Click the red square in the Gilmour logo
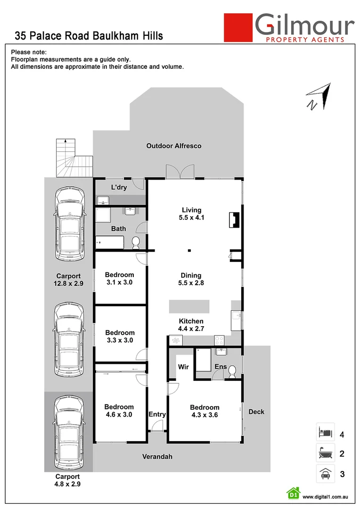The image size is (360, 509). (237, 27)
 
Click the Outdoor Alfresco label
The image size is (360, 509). (173, 146)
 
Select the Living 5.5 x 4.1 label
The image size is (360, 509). (192, 214)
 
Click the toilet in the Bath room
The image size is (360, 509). (136, 243)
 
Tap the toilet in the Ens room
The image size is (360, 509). (231, 373)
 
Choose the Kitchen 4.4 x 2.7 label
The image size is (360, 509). (191, 325)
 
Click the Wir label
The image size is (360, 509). (183, 367)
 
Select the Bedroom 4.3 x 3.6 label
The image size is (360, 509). (205, 411)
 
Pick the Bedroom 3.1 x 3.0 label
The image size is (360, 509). (119, 279)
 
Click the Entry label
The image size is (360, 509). (157, 414)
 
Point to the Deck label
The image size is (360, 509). (256, 411)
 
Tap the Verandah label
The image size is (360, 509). (158, 457)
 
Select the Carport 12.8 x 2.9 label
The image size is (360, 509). (69, 280)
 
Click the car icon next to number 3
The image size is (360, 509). (325, 473)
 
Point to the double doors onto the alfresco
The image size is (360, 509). (180, 172)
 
